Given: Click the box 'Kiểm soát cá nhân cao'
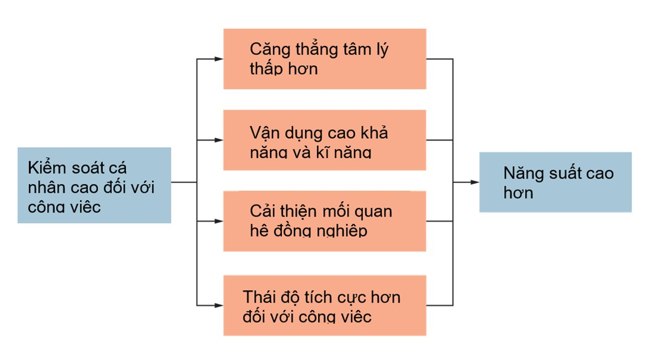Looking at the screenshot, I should [x=94, y=185].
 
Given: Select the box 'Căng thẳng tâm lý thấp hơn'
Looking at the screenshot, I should [x=324, y=59].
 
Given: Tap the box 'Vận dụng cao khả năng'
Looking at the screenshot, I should [x=324, y=140].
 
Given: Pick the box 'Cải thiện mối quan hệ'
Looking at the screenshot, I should [x=324, y=221].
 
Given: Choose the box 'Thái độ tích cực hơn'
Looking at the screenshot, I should [x=324, y=305].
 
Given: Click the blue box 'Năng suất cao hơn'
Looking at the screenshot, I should [x=555, y=182].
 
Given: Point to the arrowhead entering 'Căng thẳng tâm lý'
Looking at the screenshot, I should [x=219, y=59].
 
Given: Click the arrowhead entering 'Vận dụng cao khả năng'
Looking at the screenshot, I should [x=219, y=140].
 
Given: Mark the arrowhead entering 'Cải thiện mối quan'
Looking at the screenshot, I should [x=219, y=221].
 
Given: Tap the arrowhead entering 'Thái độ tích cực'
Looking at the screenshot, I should [x=219, y=305].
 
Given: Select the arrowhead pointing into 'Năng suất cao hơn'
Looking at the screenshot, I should [x=475, y=182].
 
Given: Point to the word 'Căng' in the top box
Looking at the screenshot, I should [x=263, y=49].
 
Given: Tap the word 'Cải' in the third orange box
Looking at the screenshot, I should [x=260, y=211].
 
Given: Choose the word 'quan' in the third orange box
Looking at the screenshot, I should [x=373, y=212].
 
